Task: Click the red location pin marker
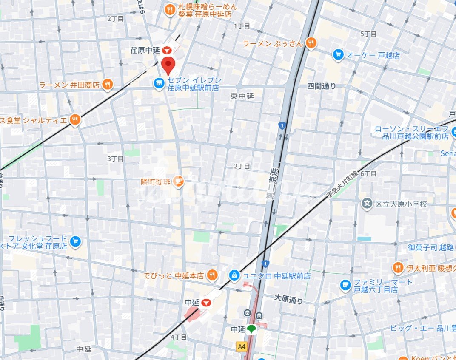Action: pyautogui.click(x=169, y=65)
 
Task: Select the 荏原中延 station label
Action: pyautogui.click(x=145, y=50)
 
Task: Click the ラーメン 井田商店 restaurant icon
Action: pyautogui.click(x=108, y=85)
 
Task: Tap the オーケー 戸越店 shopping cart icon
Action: pyautogui.click(x=338, y=55)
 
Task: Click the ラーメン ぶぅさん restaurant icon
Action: pyautogui.click(x=311, y=43)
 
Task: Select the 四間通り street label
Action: pyautogui.click(x=322, y=86)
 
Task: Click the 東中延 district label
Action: pyautogui.click(x=242, y=96)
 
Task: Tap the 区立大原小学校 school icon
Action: pyautogui.click(x=367, y=204)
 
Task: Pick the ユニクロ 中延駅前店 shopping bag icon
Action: pyautogui.click(x=234, y=276)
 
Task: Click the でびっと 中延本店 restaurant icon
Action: pyautogui.click(x=212, y=276)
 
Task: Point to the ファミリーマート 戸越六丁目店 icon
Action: pyautogui.click(x=346, y=286)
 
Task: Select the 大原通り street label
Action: pyautogui.click(x=289, y=299)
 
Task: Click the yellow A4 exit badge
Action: pyautogui.click(x=242, y=346)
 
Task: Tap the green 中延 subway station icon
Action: pyautogui.click(x=251, y=329)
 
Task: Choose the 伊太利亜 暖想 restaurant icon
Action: pyautogui.click(x=398, y=268)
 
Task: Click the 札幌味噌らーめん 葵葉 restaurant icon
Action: pyautogui.click(x=170, y=10)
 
